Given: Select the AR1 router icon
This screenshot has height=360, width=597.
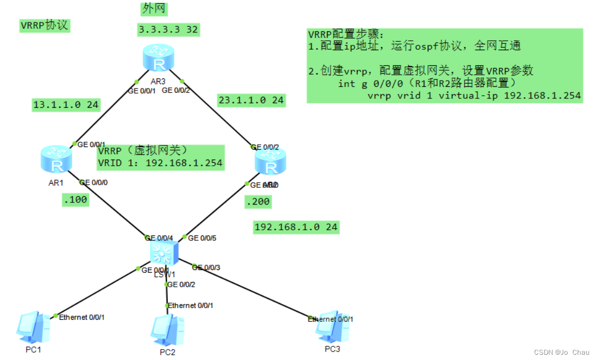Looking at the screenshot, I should [56, 160].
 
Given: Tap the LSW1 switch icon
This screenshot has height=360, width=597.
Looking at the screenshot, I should [163, 253].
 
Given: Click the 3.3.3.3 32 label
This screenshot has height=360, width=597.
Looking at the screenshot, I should [168, 29].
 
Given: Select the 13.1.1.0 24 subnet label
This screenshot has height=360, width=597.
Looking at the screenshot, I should [65, 105].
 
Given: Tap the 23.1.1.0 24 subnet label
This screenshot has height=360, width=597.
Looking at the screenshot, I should [251, 100].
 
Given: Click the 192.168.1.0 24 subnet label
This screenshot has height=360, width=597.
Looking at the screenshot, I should [296, 227].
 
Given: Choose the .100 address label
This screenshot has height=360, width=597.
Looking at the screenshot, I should [75, 199].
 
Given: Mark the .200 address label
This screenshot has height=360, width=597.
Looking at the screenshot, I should [258, 201].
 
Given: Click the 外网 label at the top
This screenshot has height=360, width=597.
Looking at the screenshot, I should [154, 9].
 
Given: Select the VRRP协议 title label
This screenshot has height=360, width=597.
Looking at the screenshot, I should [45, 25].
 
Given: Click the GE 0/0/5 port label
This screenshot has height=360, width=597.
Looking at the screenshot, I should [202, 238].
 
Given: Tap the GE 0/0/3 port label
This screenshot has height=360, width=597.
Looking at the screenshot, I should [206, 267].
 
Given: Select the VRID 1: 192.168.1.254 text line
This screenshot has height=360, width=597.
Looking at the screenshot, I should [160, 163].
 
